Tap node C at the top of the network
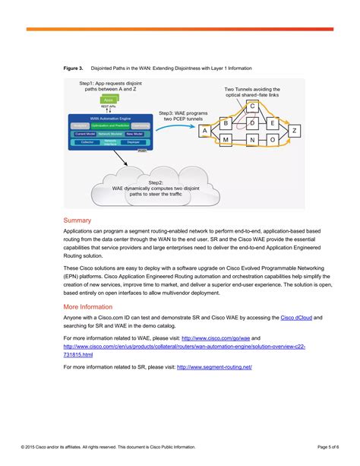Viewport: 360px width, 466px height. [253, 106]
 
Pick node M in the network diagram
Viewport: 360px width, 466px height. [226, 141]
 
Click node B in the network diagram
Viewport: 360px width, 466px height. [226, 122]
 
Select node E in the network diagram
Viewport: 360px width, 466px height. [273, 122]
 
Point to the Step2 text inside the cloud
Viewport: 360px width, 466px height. [156, 182]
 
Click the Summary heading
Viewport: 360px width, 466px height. [77, 220]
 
